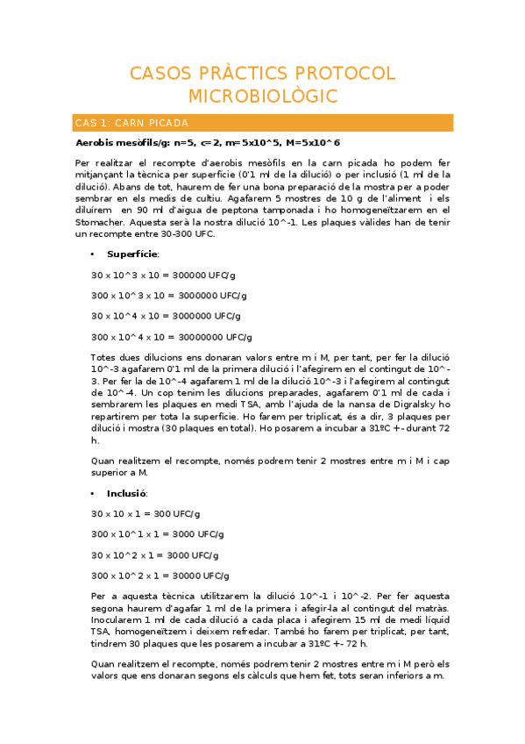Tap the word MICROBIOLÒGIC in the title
pos(262,96)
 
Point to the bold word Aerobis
pos(96,142)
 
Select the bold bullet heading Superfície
pos(132,254)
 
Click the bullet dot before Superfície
pos(93,254)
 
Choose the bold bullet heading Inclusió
pos(127,493)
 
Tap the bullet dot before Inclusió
pos(93,493)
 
